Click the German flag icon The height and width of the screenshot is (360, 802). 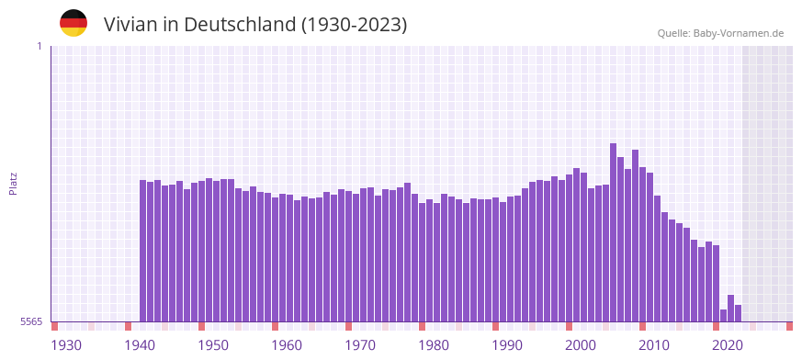(x=73, y=23)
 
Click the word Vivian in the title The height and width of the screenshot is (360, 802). (x=131, y=25)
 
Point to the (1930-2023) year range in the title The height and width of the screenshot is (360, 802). (x=355, y=25)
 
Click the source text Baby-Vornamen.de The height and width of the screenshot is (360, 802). (x=739, y=33)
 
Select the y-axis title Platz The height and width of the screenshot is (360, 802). (x=13, y=183)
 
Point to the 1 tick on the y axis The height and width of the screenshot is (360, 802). (x=39, y=46)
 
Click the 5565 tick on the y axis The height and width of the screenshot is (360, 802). (x=30, y=321)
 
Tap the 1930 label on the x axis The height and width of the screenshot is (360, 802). (x=66, y=345)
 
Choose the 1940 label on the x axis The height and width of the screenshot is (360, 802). (x=140, y=345)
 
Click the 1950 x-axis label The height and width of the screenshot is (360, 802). (x=213, y=345)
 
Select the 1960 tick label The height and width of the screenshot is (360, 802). (x=287, y=345)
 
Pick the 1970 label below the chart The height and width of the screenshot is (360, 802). (x=360, y=345)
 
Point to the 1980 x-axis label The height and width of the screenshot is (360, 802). (x=434, y=345)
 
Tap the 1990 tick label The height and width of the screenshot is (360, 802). (x=507, y=345)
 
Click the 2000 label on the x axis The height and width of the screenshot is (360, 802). (x=581, y=345)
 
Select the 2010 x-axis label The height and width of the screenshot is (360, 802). (x=654, y=345)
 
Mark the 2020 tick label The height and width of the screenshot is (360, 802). (x=728, y=345)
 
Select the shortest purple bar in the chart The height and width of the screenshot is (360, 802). (x=723, y=316)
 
